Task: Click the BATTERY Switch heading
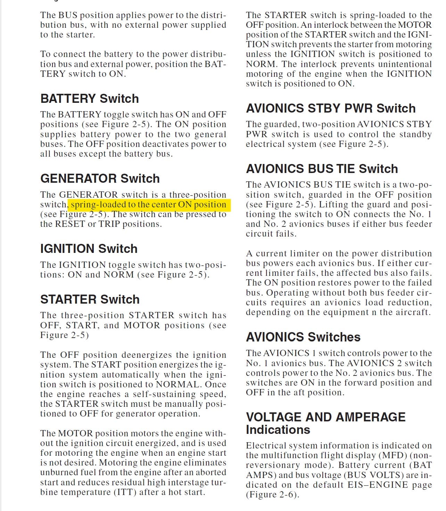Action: tap(90, 99)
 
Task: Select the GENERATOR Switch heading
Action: tap(100, 179)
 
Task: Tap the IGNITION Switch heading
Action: tap(89, 249)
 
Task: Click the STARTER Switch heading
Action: tap(90, 299)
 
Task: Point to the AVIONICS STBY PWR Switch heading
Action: tap(331, 108)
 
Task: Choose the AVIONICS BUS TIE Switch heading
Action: tap(322, 169)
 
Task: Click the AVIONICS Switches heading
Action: tap(303, 337)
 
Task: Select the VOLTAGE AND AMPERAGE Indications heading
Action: tap(325, 423)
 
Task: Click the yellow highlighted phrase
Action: tap(149, 205)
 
